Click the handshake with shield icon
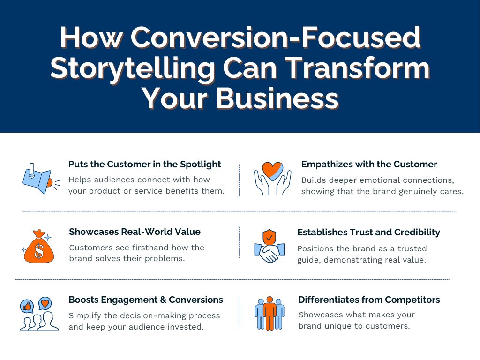coord(269,247)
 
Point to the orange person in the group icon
coord(270,313)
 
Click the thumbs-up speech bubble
coord(27,306)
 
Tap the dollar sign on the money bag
coord(39,251)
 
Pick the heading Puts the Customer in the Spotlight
coord(144,165)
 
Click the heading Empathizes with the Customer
coord(369,165)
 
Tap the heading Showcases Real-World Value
coord(135,232)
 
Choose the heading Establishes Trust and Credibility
coord(368,232)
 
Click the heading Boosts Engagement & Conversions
coord(146,300)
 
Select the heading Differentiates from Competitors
coord(369,300)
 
